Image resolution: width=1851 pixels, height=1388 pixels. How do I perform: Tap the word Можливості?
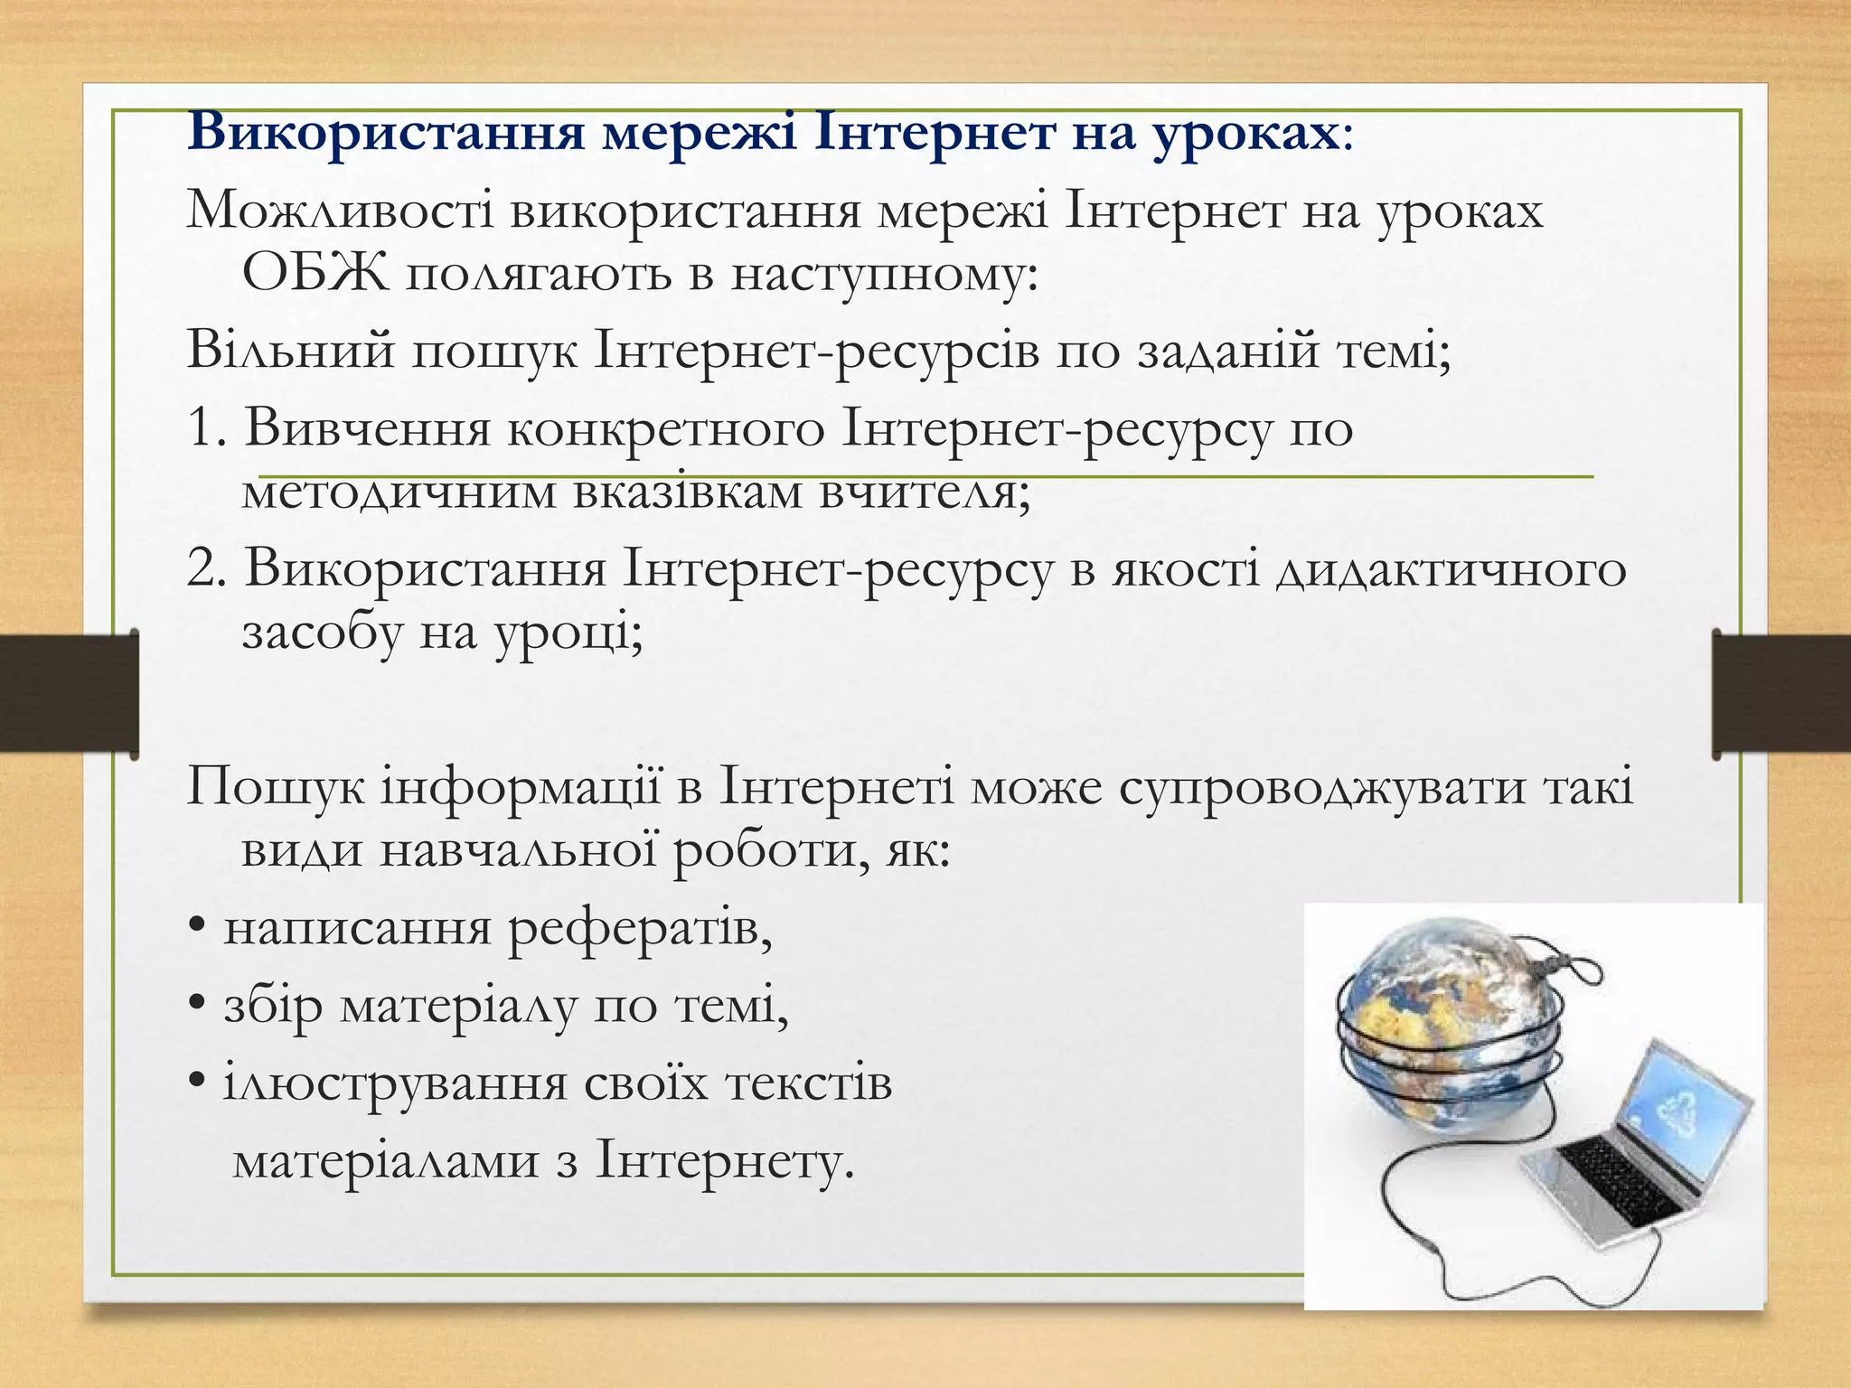[340, 211]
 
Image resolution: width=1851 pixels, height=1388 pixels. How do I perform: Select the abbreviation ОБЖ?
[315, 275]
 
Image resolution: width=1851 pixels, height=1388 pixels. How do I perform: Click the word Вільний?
[290, 351]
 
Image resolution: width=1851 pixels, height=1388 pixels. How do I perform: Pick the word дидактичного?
[1452, 570]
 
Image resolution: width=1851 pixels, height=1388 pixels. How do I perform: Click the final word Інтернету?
[723, 1161]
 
